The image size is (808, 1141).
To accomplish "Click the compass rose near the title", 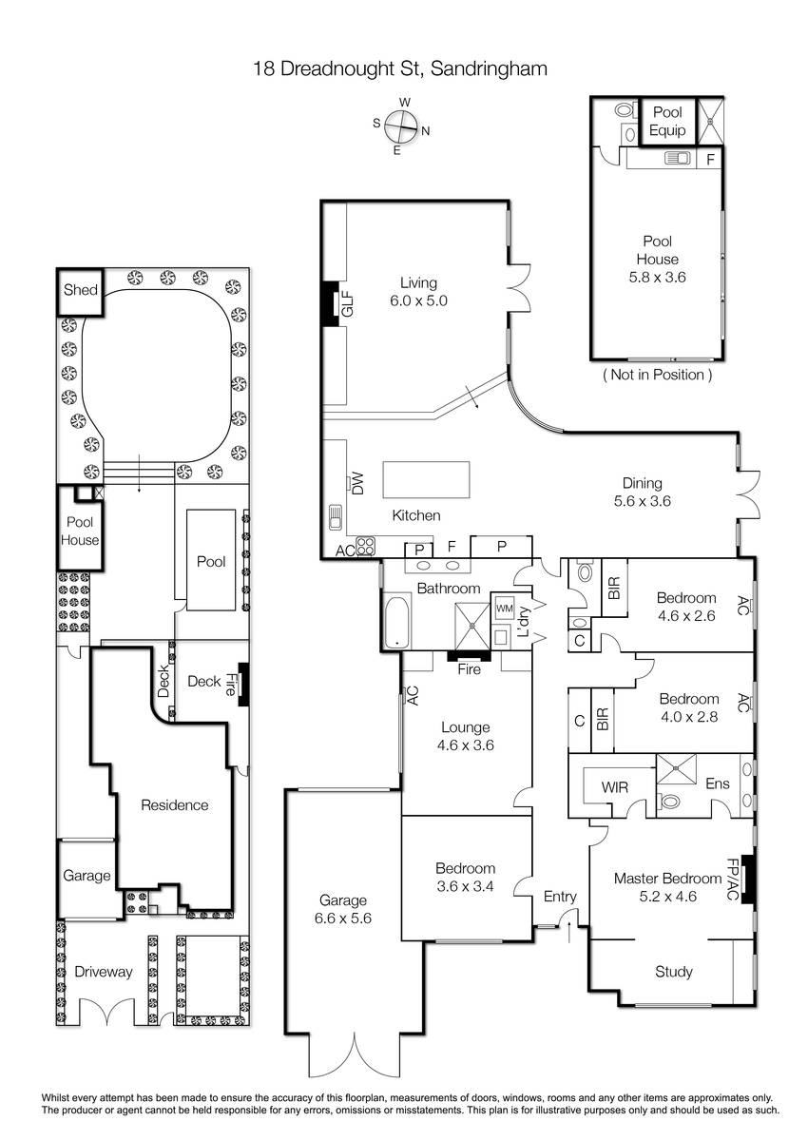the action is pyautogui.click(x=401, y=126).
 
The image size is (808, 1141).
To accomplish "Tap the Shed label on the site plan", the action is pyautogui.click(x=81, y=290).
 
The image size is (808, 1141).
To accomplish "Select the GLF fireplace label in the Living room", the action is pyautogui.click(x=347, y=304).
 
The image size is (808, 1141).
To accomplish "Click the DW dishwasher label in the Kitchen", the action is pyautogui.click(x=358, y=482).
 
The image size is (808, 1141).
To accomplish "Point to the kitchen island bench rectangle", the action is pyautogui.click(x=426, y=479).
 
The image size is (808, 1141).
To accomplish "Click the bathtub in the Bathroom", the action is pyautogui.click(x=396, y=621).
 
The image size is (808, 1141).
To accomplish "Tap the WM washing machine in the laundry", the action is pyautogui.click(x=504, y=609).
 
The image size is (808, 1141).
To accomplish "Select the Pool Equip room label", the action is pyautogui.click(x=667, y=122).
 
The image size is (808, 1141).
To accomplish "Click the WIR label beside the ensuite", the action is pyautogui.click(x=614, y=787).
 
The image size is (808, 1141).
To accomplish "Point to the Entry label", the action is pyautogui.click(x=560, y=897).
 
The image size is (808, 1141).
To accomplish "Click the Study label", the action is pyautogui.click(x=674, y=972).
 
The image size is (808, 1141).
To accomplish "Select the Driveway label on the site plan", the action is pyautogui.click(x=104, y=972).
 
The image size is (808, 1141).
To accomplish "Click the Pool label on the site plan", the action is pyautogui.click(x=211, y=561).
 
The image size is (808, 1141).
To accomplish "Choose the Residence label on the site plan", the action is pyautogui.click(x=175, y=804).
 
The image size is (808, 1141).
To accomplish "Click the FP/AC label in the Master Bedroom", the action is pyautogui.click(x=732, y=880).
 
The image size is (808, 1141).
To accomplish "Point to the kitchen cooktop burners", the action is pyautogui.click(x=366, y=546).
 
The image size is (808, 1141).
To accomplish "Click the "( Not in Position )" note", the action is pyautogui.click(x=657, y=375).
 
